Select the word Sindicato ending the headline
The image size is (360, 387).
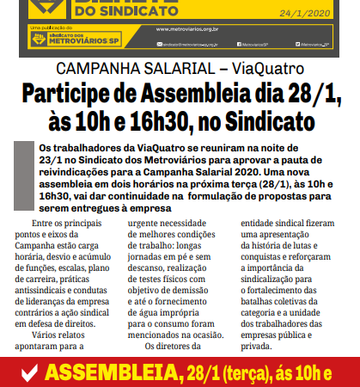click(x=256, y=120)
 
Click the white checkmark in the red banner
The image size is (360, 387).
click(x=28, y=373)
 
